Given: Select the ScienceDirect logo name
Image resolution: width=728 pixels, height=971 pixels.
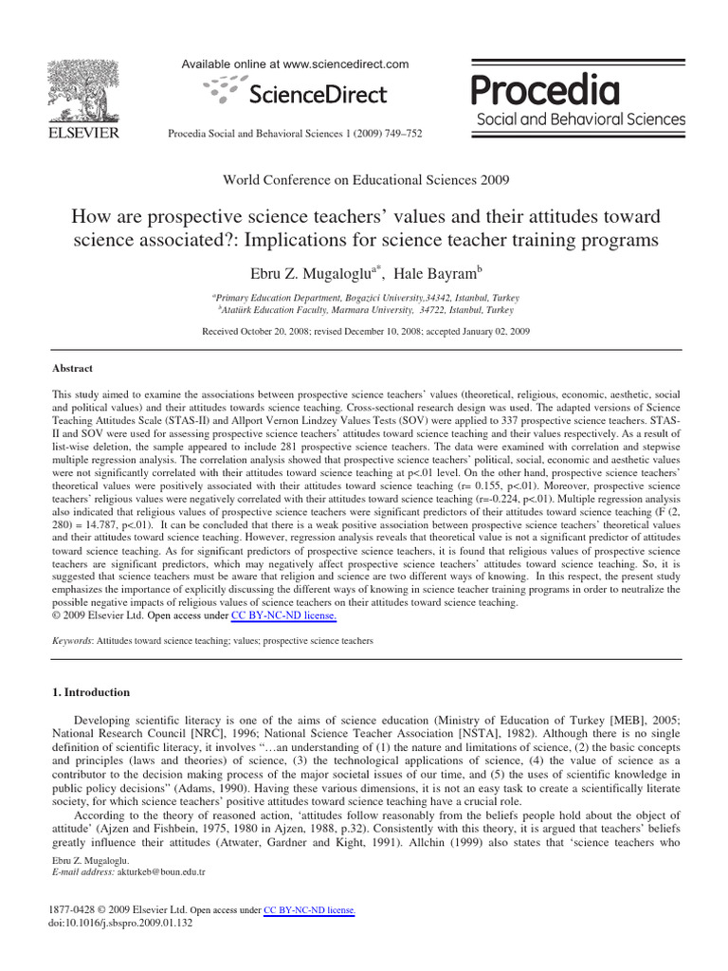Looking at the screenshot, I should [317, 94].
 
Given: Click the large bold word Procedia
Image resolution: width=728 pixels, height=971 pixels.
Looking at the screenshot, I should [545, 91].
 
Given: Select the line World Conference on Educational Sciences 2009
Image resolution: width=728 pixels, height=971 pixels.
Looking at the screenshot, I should [365, 179].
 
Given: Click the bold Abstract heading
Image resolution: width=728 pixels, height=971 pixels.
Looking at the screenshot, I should [72, 369].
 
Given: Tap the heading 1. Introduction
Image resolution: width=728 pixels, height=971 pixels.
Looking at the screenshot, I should [91, 692].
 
